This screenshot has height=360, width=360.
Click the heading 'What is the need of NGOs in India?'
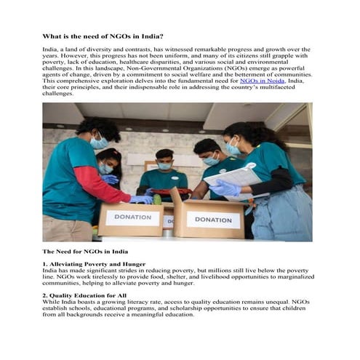103,36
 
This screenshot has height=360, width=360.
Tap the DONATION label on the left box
132,217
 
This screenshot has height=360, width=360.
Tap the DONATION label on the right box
213,219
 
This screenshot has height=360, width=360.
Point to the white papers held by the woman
233,176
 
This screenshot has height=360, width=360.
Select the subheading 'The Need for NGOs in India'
85,250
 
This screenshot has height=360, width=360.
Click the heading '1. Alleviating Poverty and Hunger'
94,263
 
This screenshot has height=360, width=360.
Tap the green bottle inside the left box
156,199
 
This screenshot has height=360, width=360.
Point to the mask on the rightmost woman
232,149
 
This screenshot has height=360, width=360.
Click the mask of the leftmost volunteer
99,143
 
